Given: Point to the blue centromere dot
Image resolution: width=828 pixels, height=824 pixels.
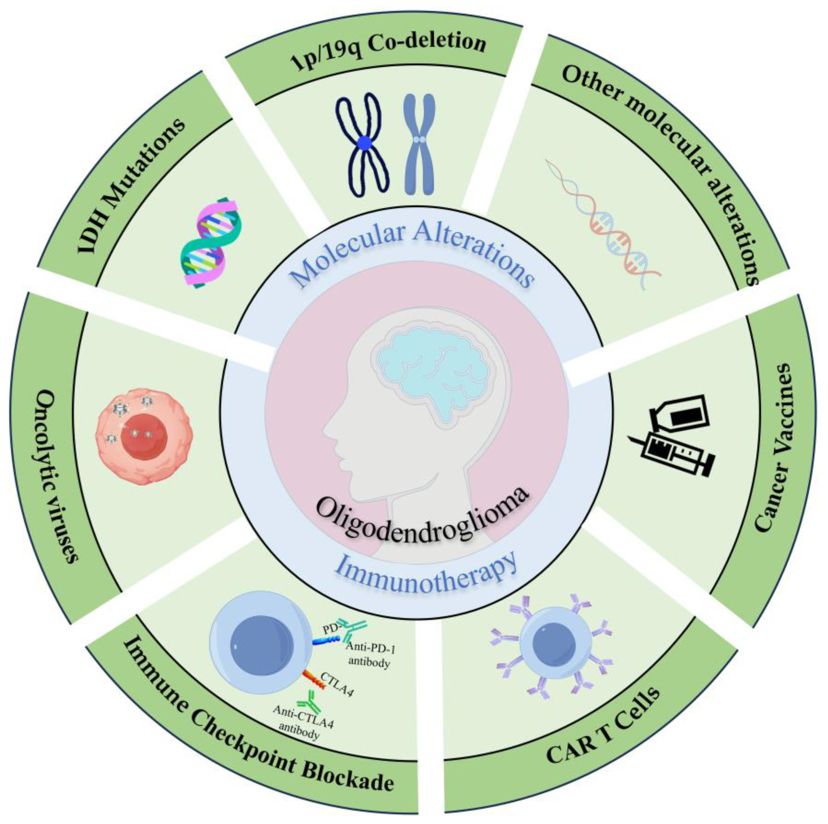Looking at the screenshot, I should point(364,143).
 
